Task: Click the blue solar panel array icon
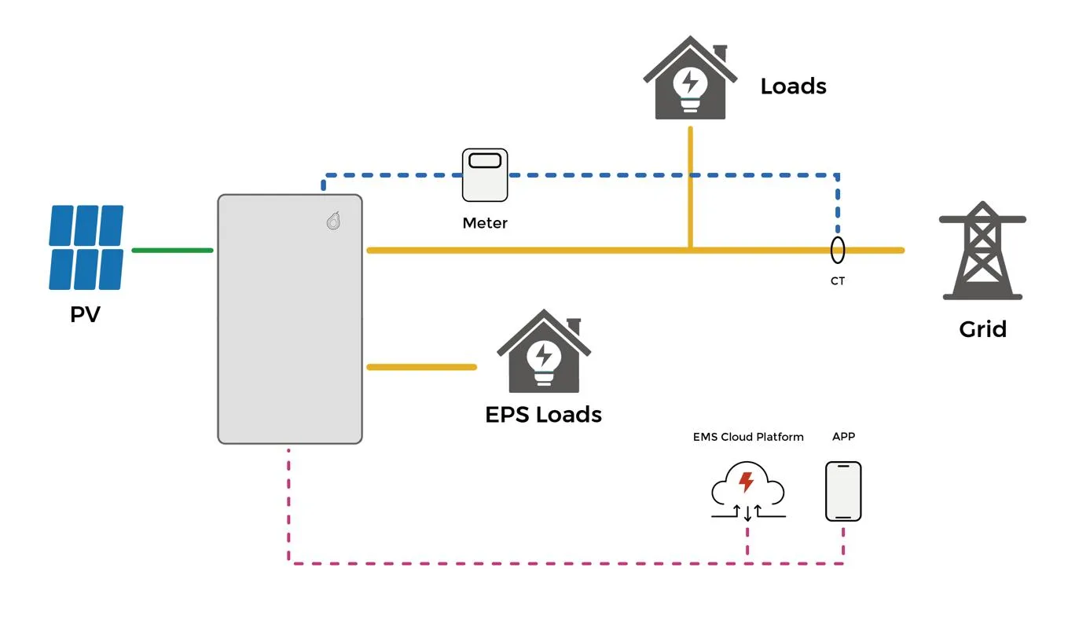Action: (86, 247)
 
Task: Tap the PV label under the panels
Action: (85, 314)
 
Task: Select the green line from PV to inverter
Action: (172, 251)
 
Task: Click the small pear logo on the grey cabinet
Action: (334, 221)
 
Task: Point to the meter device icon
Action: (485, 174)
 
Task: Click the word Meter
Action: (485, 223)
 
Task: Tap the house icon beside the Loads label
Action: (690, 78)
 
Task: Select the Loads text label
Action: (794, 86)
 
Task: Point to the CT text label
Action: (838, 280)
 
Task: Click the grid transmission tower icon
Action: (982, 251)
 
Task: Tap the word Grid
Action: (982, 329)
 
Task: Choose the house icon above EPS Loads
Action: (544, 351)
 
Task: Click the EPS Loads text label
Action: (543, 415)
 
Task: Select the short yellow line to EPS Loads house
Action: (421, 367)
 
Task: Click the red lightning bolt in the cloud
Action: (746, 482)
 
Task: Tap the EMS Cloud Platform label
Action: (748, 437)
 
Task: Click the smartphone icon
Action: (843, 491)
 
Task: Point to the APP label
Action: (843, 436)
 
